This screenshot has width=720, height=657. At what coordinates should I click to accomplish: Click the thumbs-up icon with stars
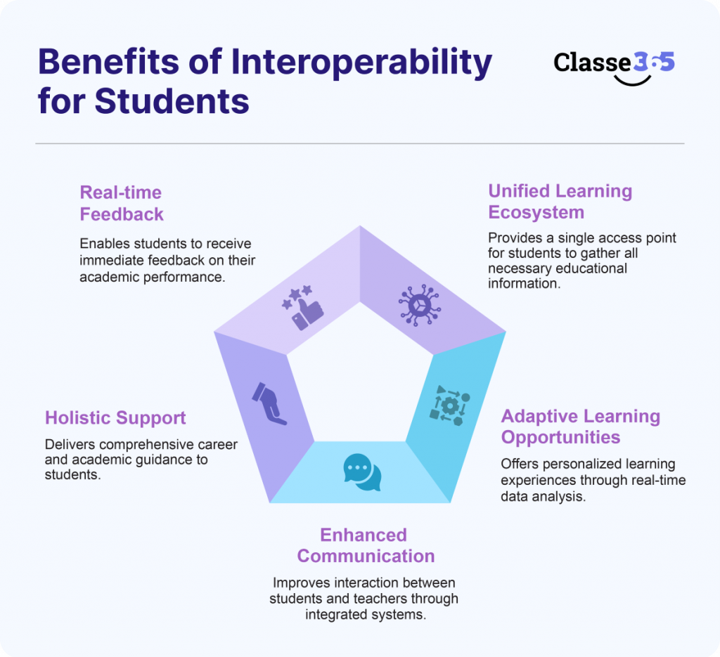pyautogui.click(x=303, y=307)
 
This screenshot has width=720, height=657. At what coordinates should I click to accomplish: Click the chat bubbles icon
pyautogui.click(x=362, y=471)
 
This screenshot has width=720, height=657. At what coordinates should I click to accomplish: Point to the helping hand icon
pyautogui.click(x=269, y=403)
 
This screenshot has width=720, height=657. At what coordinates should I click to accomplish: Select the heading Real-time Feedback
pyautogui.click(x=121, y=202)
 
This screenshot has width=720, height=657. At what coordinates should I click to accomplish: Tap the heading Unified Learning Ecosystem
pyautogui.click(x=560, y=201)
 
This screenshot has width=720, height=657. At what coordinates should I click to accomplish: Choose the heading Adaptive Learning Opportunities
pyautogui.click(x=580, y=427)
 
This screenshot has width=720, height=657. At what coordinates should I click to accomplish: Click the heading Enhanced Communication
pyautogui.click(x=366, y=545)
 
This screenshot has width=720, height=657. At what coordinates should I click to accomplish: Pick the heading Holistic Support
pyautogui.click(x=115, y=417)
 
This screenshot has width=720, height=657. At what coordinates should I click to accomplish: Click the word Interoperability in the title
pyautogui.click(x=362, y=63)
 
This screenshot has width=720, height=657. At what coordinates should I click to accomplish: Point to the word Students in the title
pyautogui.click(x=172, y=100)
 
